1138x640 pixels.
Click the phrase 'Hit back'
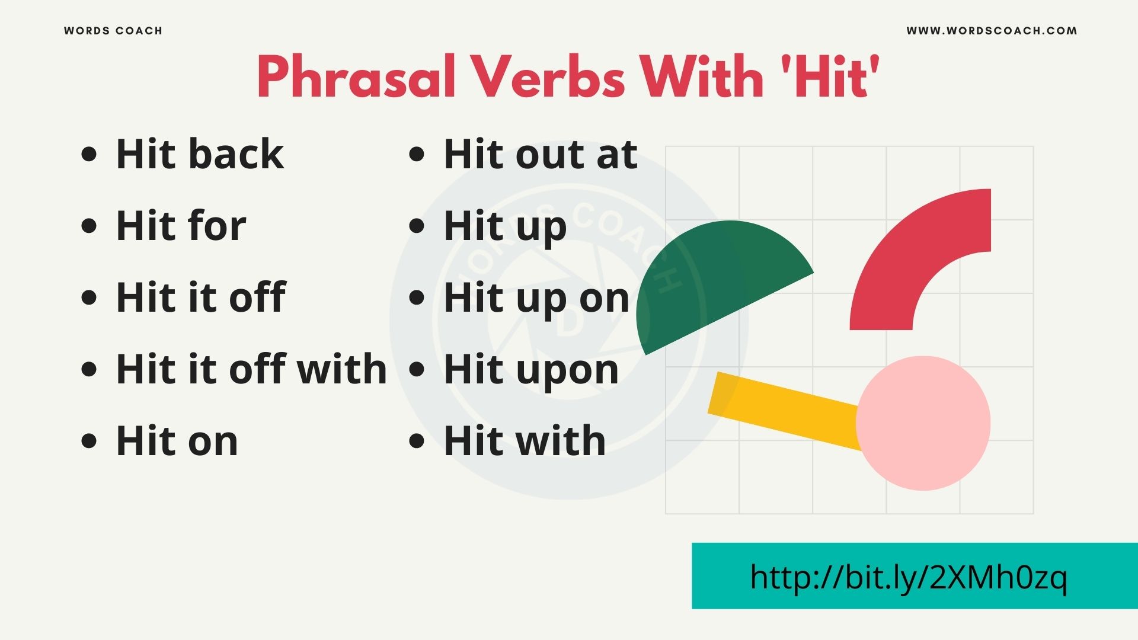coord(200,154)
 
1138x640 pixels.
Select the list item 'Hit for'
coord(181,226)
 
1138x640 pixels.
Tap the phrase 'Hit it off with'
coord(251,369)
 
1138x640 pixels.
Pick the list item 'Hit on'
coord(177,441)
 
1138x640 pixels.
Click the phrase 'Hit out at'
coord(541,154)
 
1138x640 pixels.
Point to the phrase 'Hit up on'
coord(536,298)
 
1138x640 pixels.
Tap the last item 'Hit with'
coord(525,441)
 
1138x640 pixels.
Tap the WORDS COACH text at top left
coord(113,31)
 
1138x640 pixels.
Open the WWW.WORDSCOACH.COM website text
coord(992,31)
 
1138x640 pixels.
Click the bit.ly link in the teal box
coord(908,577)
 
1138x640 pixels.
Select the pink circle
coord(923,423)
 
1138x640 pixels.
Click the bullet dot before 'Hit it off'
coord(89,297)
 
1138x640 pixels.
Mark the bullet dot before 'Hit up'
coord(417,226)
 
